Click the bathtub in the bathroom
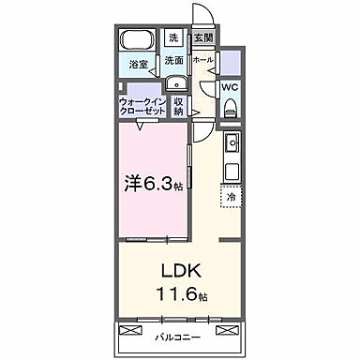click(x=138, y=41)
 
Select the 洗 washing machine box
click(x=172, y=38)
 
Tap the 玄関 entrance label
click(x=202, y=38)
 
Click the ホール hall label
click(x=202, y=59)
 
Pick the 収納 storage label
click(x=179, y=106)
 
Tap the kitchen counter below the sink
click(x=232, y=169)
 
